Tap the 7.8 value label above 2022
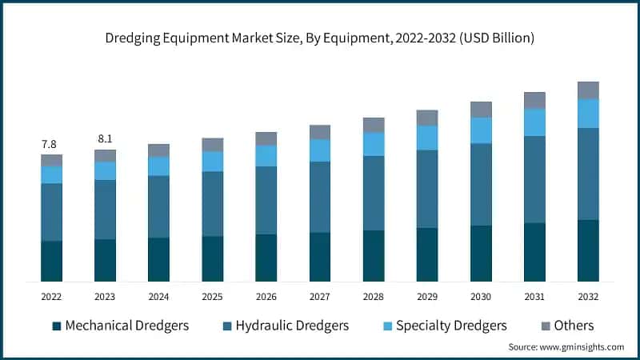[x=49, y=145]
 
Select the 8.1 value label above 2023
[x=104, y=139]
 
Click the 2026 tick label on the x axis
[x=266, y=296]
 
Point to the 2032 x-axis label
[x=588, y=296]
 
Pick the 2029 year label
[x=426, y=296]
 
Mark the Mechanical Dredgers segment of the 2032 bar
[x=588, y=250]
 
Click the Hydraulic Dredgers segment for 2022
[x=51, y=212]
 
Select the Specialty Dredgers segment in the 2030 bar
[x=481, y=130]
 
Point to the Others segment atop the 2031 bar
[x=534, y=100]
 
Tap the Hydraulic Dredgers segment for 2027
[x=319, y=197]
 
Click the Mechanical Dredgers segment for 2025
[x=212, y=258]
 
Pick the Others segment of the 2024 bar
[x=158, y=150]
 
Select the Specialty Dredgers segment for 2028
[x=373, y=144]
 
